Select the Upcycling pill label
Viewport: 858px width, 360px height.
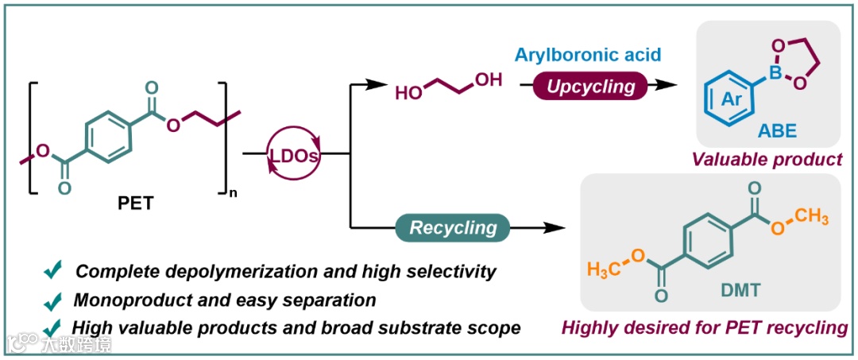(587, 85)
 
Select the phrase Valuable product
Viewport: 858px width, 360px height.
(767, 159)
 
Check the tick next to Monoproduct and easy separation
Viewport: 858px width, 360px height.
(53, 301)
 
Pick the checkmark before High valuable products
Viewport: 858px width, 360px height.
(53, 327)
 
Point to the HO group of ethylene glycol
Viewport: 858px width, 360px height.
(408, 94)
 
